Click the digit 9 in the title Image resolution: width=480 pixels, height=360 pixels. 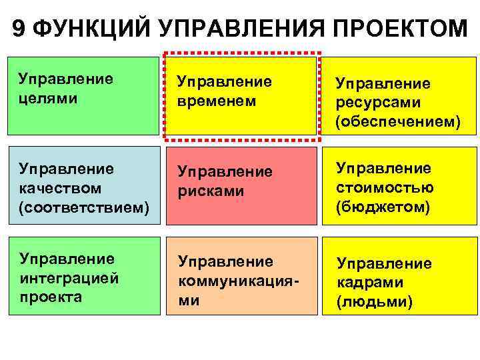[19, 29]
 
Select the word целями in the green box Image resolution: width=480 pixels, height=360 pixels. [48, 98]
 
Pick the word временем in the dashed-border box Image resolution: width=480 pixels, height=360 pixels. [216, 101]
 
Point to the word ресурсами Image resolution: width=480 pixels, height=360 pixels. [378, 103]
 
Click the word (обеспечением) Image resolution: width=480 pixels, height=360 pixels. [398, 123]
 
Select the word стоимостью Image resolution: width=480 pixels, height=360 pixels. [385, 187]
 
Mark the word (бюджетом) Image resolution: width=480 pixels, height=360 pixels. [383, 207]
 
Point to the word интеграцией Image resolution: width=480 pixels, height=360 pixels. [69, 278]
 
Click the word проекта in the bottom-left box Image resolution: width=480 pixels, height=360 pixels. [51, 297]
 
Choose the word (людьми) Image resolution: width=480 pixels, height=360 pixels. [375, 302]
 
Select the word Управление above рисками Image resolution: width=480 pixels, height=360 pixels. [225, 171]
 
